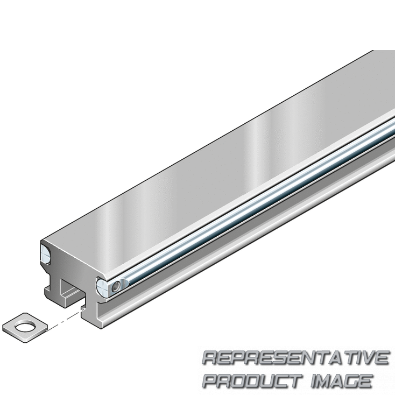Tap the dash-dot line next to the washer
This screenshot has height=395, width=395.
65,319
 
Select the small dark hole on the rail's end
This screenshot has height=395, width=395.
115,287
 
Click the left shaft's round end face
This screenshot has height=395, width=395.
46,254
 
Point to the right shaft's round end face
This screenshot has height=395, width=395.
102,288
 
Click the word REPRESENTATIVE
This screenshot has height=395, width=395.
296,358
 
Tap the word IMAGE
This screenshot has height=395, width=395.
342,381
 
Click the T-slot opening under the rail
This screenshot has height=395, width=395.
72,294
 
